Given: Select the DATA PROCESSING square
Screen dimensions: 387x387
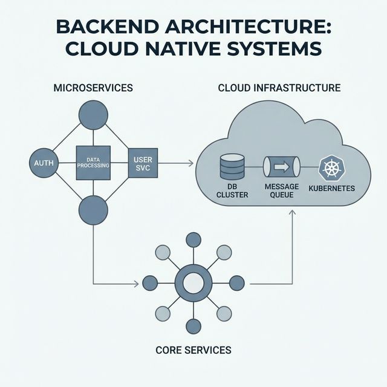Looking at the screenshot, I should tap(93, 163).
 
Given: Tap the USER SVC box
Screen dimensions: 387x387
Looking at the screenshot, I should tap(143, 163).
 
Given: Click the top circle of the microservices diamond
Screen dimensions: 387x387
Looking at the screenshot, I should tap(93, 115).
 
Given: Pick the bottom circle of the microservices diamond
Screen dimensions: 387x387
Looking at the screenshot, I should tap(93, 210).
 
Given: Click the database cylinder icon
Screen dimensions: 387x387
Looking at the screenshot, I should tap(232, 167).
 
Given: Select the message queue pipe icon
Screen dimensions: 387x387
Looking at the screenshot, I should tap(282, 166).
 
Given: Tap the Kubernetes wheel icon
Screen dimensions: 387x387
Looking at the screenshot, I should tap(331, 167).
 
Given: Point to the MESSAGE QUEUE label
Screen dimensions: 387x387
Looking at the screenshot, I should tap(282, 191).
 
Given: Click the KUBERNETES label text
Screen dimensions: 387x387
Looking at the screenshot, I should tap(331, 189).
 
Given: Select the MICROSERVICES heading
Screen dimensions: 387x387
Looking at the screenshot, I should tap(93, 88).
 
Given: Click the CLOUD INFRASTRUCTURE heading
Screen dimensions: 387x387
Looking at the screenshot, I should tap(279, 88).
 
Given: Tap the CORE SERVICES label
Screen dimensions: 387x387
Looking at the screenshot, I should tap(193, 350).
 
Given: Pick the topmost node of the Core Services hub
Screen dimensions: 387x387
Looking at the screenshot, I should tap(193, 239).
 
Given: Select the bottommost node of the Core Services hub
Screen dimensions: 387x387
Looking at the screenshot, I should tap(193, 327).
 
